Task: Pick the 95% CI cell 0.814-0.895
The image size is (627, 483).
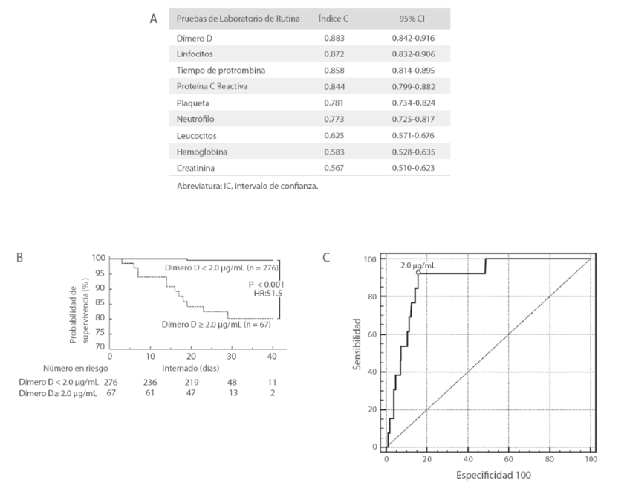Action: coord(413,70)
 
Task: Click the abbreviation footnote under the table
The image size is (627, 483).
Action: coord(247,187)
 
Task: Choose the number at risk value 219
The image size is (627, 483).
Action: coord(192,381)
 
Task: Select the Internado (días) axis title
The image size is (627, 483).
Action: coord(191,367)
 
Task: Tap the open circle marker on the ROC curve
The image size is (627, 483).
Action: coord(418,273)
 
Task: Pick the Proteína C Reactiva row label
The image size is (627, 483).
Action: coord(212,86)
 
